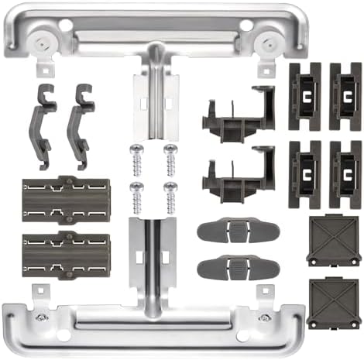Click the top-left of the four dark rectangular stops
click(x=304, y=96)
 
